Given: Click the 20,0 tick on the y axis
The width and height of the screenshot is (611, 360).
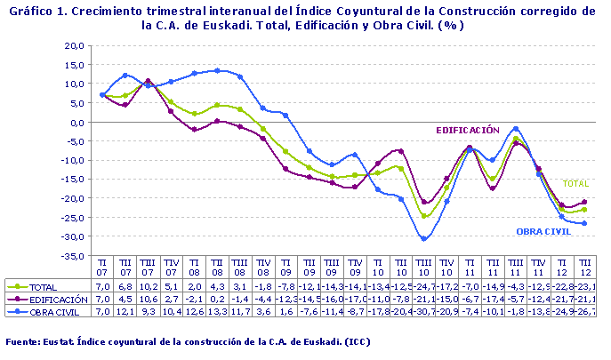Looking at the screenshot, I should click(74, 44).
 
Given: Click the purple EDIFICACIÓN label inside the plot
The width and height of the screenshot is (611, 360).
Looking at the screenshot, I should click(467, 130).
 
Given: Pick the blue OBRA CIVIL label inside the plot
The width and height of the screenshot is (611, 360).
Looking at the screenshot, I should click(545, 231).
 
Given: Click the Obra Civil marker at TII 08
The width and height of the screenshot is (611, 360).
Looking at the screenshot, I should click(218, 70).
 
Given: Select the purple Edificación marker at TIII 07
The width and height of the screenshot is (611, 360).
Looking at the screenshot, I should click(149, 81).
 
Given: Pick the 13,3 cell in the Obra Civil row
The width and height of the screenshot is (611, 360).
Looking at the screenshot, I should click(218, 312).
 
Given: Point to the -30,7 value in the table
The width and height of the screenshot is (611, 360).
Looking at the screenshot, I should click(424, 312).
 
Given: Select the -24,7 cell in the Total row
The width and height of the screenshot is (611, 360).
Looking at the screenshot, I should click(424, 287).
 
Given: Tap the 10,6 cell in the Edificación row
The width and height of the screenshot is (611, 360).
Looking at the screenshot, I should click(149, 300).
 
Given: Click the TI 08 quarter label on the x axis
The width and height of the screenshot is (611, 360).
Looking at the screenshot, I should click(195, 268).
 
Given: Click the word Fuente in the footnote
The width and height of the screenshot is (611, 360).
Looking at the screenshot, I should click(23, 341).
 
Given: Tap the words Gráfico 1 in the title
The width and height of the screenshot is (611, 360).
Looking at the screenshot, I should click(35, 12).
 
